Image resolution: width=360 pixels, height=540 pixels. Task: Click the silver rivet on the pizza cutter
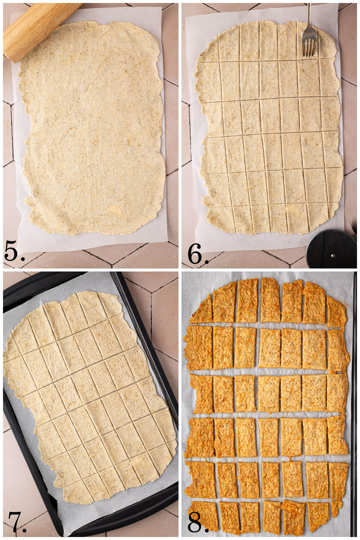332,256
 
